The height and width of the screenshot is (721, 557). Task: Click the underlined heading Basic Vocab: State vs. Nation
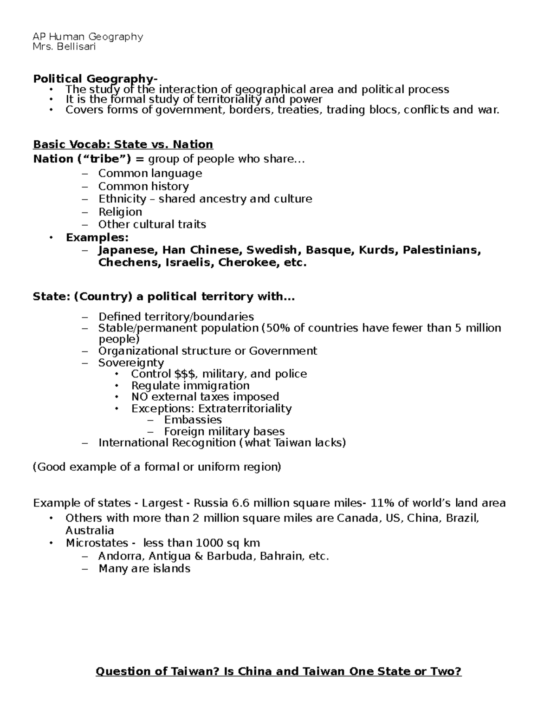(123, 144)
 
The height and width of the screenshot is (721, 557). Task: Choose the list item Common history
(143, 186)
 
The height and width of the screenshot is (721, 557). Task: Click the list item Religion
(120, 212)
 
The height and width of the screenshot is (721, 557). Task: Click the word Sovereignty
(131, 363)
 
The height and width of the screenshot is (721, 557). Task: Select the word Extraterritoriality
(245, 409)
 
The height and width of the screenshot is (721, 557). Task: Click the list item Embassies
(193, 420)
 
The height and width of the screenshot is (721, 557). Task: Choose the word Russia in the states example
(211, 503)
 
